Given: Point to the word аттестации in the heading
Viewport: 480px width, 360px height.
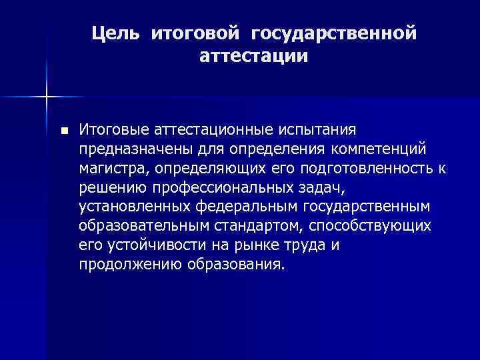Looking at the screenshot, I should [x=253, y=57].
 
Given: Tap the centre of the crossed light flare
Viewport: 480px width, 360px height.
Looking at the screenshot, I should [x=47, y=97].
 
